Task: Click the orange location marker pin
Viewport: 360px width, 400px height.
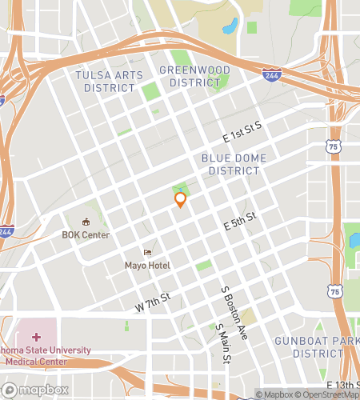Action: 180,199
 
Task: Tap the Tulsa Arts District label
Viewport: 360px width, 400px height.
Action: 109,81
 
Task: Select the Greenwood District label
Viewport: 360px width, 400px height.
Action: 194,76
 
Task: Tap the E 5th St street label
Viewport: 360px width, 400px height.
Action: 239,222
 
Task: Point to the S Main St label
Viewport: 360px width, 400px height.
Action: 222,344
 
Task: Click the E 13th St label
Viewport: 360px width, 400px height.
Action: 337,376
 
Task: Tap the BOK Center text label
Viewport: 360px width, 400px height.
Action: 86,235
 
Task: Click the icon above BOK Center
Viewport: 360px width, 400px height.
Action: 86,222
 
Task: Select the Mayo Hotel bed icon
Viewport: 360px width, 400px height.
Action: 146,252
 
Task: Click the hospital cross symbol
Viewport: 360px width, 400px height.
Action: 36,338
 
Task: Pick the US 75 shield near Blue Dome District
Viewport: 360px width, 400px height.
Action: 334,146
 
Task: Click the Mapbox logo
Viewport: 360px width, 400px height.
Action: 35,390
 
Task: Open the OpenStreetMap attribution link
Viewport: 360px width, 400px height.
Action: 324,394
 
